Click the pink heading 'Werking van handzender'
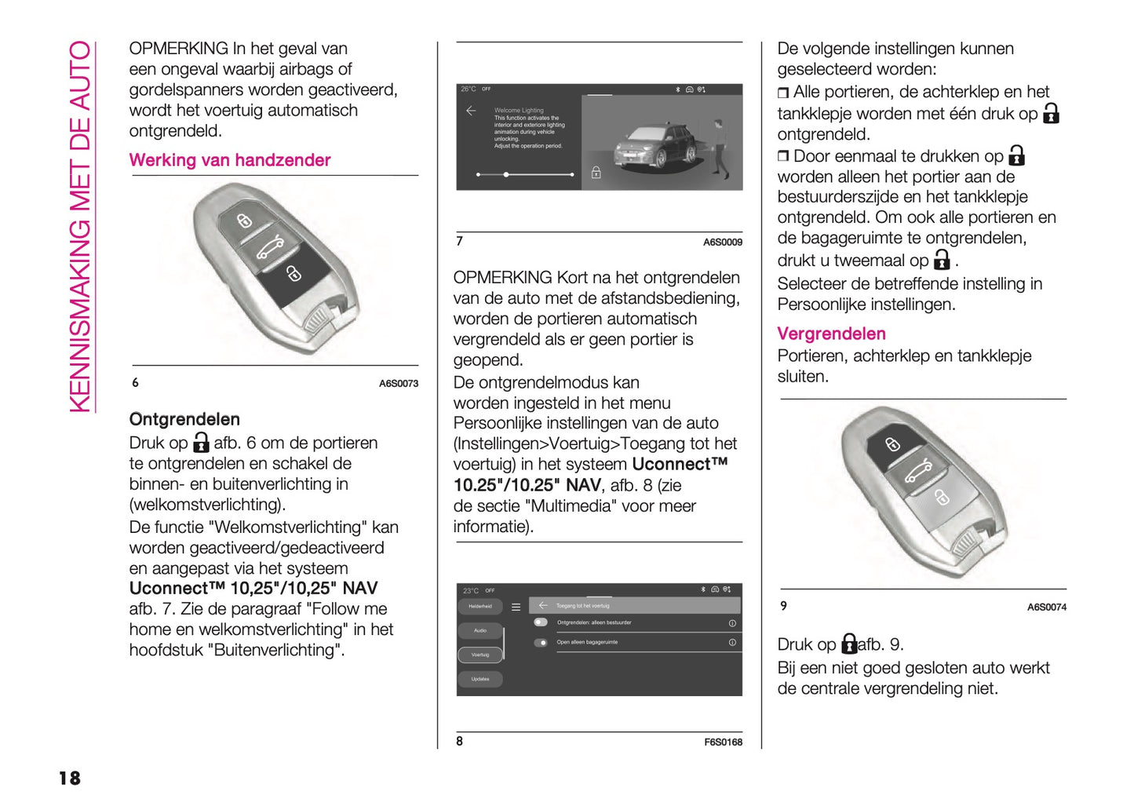(x=229, y=160)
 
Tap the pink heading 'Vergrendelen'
(x=830, y=334)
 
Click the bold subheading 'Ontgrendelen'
(x=184, y=419)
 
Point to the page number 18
(x=69, y=778)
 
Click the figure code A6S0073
(x=398, y=384)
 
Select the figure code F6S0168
(x=722, y=742)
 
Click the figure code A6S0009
(x=722, y=243)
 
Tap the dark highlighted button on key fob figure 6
(x=293, y=274)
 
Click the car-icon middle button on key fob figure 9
(x=917, y=471)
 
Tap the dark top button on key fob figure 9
(x=893, y=445)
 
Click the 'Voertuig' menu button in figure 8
(x=479, y=655)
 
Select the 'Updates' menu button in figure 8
(x=479, y=679)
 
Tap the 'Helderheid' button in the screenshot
(x=479, y=606)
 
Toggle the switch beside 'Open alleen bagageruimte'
(x=541, y=643)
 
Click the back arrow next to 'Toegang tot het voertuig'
(x=542, y=605)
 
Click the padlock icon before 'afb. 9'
(x=848, y=644)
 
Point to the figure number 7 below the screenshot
(x=460, y=241)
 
